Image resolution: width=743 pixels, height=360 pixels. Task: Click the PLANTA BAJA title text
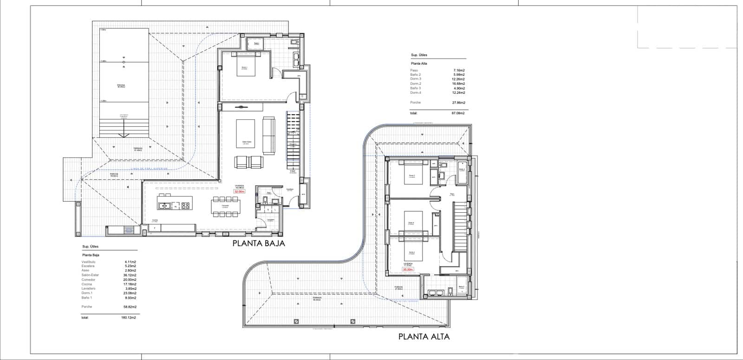(x=259, y=243)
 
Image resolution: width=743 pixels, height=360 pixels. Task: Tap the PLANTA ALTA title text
(x=424, y=337)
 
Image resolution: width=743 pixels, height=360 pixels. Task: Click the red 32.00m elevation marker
(x=239, y=191)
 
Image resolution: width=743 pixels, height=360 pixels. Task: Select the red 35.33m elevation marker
(x=408, y=269)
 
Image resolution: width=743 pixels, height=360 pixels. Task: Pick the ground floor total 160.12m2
(x=127, y=318)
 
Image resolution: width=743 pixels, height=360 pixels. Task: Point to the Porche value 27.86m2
(x=459, y=103)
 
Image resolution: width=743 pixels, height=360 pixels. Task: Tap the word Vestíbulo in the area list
(x=88, y=262)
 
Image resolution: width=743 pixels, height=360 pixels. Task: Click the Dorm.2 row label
(x=416, y=84)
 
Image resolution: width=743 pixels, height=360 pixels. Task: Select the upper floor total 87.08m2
(x=459, y=113)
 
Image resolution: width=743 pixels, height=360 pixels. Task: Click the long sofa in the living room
(x=269, y=136)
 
